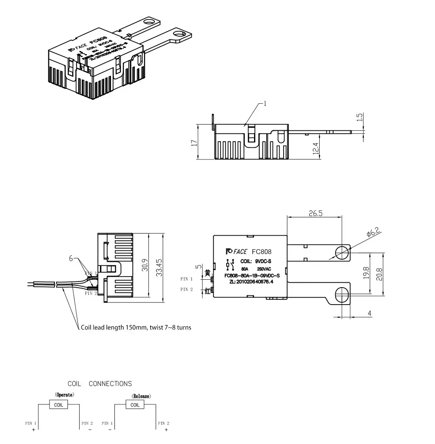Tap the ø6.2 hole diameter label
[374, 232]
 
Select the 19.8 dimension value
[366, 273]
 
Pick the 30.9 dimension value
[144, 267]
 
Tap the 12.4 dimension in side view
[316, 149]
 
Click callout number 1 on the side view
[265, 104]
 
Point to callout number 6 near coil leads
[71, 258]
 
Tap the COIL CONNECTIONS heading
[100, 384]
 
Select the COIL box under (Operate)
[58, 405]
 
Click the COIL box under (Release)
[135, 405]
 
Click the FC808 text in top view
[261, 251]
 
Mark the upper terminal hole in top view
[342, 251]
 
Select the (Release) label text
[141, 397]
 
